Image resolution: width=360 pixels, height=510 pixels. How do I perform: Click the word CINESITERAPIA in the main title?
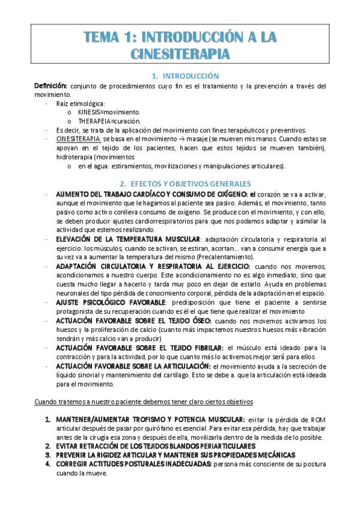180,55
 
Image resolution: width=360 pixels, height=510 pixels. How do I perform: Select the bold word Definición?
50,86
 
